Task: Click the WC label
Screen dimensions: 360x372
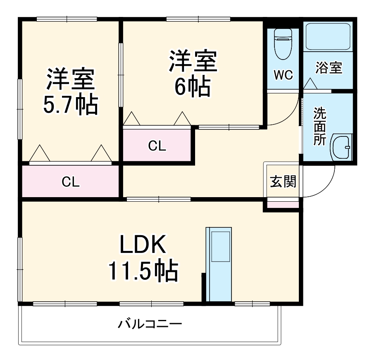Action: (x=283, y=75)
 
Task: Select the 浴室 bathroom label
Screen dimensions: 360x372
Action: (x=329, y=68)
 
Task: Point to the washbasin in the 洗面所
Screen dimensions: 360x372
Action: (x=341, y=148)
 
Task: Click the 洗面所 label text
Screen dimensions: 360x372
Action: (x=319, y=126)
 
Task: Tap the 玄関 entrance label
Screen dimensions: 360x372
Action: (x=283, y=181)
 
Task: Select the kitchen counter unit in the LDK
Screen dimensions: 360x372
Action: (x=219, y=265)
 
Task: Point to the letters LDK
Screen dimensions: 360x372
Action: (x=143, y=245)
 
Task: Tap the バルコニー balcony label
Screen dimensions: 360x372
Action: (x=150, y=323)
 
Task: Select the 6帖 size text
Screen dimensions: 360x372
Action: (x=192, y=86)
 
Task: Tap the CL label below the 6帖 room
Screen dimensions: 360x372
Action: (x=157, y=145)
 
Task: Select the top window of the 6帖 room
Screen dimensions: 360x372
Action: (x=198, y=19)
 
